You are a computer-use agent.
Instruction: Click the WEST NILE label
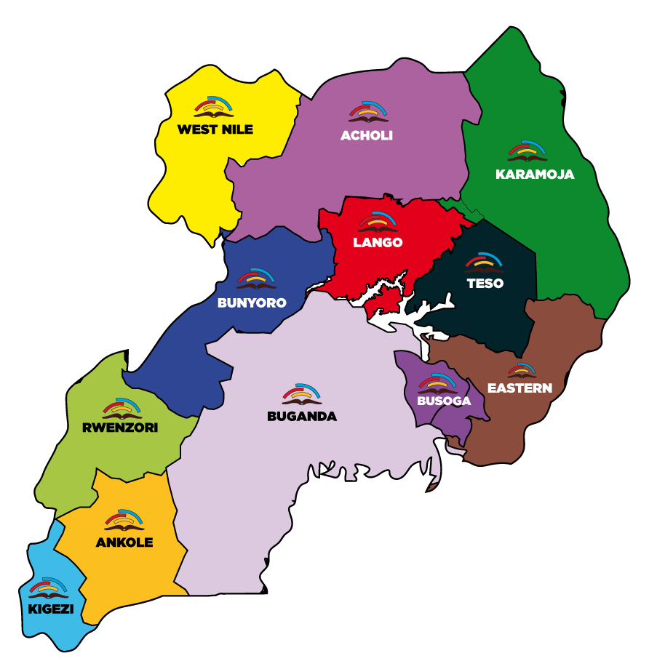[x=215, y=129]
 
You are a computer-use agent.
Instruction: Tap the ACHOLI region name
[x=367, y=135]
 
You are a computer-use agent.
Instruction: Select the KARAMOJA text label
[x=535, y=175]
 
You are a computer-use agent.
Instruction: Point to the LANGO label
[x=378, y=242]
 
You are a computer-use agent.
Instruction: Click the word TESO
[x=485, y=284]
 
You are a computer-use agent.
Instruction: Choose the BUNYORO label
[x=252, y=303]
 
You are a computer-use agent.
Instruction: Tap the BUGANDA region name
[x=302, y=417]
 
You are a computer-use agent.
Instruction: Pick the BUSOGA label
[x=444, y=401]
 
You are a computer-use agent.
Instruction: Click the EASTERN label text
[x=519, y=388]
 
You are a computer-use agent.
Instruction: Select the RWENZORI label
[x=121, y=428]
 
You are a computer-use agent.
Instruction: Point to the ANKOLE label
[x=124, y=542]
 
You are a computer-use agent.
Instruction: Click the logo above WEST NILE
[x=215, y=108]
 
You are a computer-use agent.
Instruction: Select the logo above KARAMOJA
[x=528, y=151]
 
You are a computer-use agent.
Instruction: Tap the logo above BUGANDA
[x=302, y=394]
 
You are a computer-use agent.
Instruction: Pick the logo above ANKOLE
[x=124, y=519]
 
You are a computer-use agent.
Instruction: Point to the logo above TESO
[x=485, y=262]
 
